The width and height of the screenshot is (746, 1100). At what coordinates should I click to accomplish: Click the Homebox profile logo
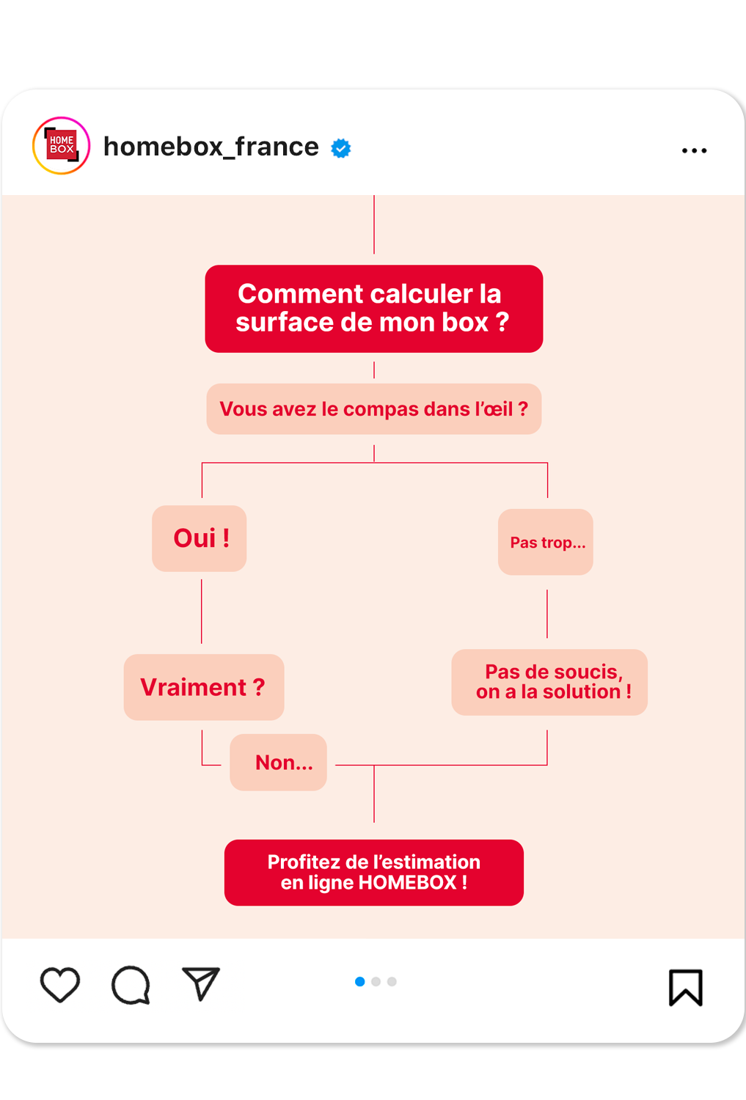62,145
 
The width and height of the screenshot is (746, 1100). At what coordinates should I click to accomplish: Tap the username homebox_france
211,147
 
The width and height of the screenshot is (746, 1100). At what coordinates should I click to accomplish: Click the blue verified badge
341,148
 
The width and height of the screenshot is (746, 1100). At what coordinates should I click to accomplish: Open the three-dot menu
694,150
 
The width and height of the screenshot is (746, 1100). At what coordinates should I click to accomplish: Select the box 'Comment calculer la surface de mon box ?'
373,309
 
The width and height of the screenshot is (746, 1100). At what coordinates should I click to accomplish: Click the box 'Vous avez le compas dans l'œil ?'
373,409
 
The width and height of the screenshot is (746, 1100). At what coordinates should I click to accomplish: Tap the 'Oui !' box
200,538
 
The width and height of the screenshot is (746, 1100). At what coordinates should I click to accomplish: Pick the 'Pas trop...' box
546,542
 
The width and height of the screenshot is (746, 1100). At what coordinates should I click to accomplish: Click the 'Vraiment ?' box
204,687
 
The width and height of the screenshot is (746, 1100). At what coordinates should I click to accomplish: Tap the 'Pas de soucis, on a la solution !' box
549,682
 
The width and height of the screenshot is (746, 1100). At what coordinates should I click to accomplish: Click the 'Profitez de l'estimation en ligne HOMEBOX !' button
373,872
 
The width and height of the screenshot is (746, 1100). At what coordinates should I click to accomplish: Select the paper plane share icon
200,983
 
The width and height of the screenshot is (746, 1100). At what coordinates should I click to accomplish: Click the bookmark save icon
686,987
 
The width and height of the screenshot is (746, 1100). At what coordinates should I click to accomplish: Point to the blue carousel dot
360,981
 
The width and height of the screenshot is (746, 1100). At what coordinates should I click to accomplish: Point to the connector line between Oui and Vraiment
202,612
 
